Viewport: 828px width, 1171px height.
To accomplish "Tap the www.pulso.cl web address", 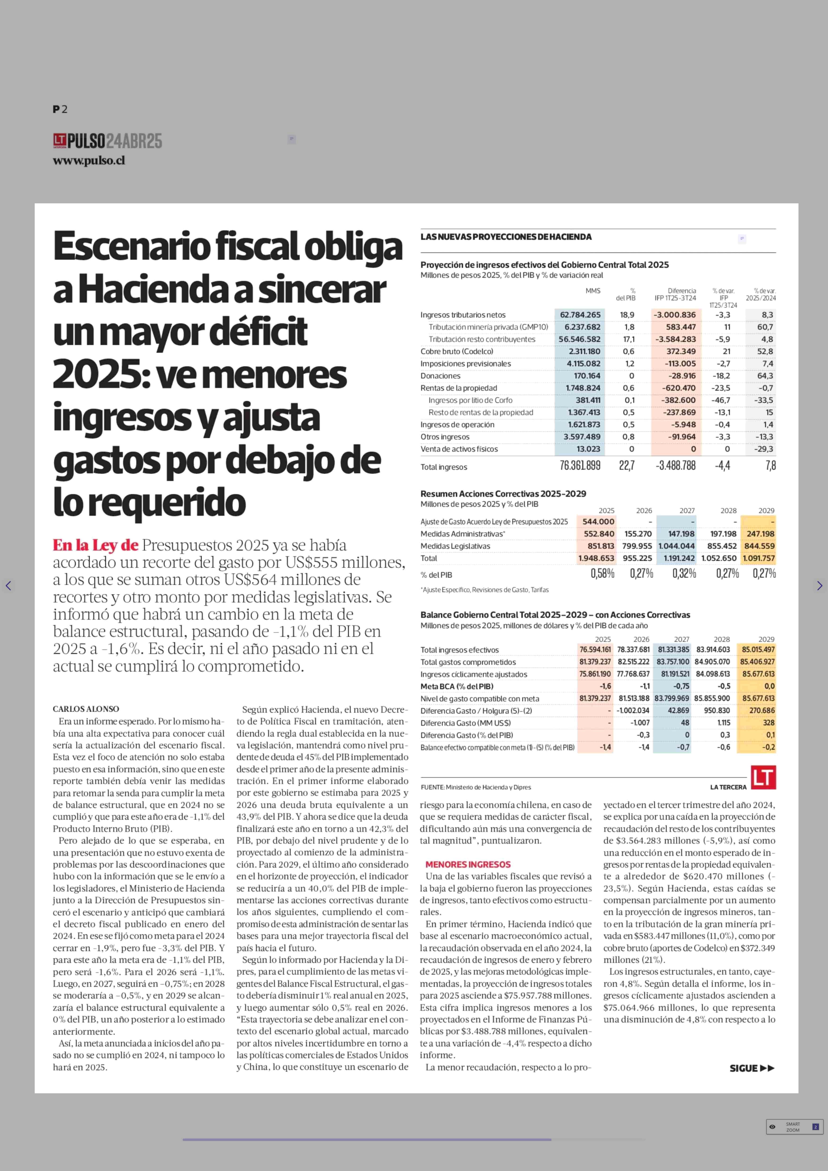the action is (89, 160).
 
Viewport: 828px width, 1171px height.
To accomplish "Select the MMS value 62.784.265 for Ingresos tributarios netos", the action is (580, 315).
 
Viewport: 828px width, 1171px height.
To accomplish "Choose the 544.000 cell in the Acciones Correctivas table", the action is (598, 521).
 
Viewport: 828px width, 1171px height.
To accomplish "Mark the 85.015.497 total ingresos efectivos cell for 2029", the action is (758, 650).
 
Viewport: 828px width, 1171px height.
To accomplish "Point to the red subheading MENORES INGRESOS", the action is (468, 864).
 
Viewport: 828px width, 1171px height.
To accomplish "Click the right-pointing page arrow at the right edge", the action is (819, 586).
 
